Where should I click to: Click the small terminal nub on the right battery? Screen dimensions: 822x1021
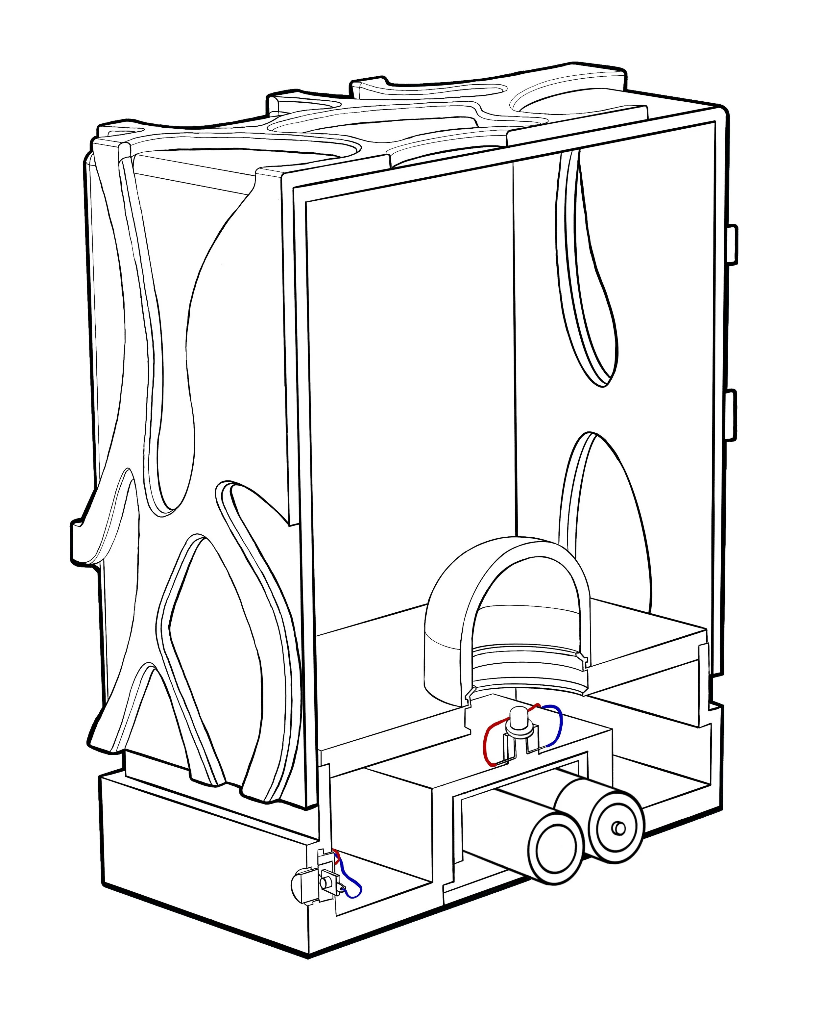619,828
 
